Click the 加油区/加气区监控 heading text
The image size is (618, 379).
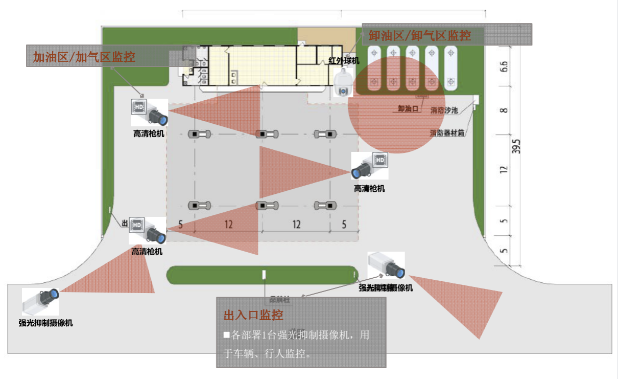(84, 57)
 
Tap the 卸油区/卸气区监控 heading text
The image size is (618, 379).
(419, 35)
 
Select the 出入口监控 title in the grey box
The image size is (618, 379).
(253, 315)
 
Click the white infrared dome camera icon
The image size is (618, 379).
(343, 84)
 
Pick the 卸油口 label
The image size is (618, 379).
(409, 108)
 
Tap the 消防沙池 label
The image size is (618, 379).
(444, 110)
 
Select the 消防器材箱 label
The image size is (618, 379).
(447, 133)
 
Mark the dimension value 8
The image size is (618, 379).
(504, 110)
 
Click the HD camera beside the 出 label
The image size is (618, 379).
(148, 231)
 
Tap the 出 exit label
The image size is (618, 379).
(124, 224)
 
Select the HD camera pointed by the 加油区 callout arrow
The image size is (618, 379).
(149, 113)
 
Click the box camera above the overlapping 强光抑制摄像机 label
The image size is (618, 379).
(387, 265)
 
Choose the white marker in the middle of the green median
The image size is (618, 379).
(264, 275)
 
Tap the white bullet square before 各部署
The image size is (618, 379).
(227, 336)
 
